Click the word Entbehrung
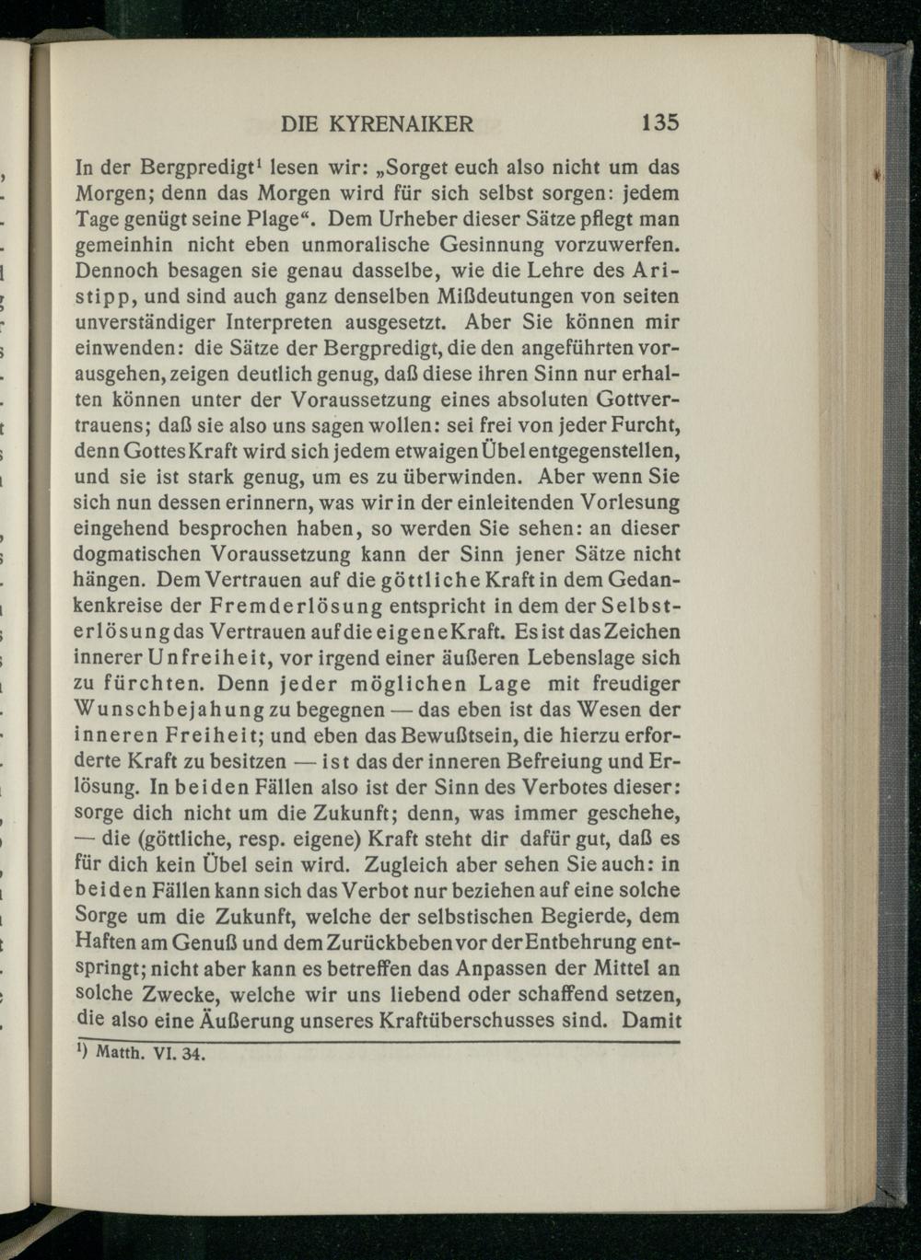tap(587, 942)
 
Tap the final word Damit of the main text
tap(651, 1020)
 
